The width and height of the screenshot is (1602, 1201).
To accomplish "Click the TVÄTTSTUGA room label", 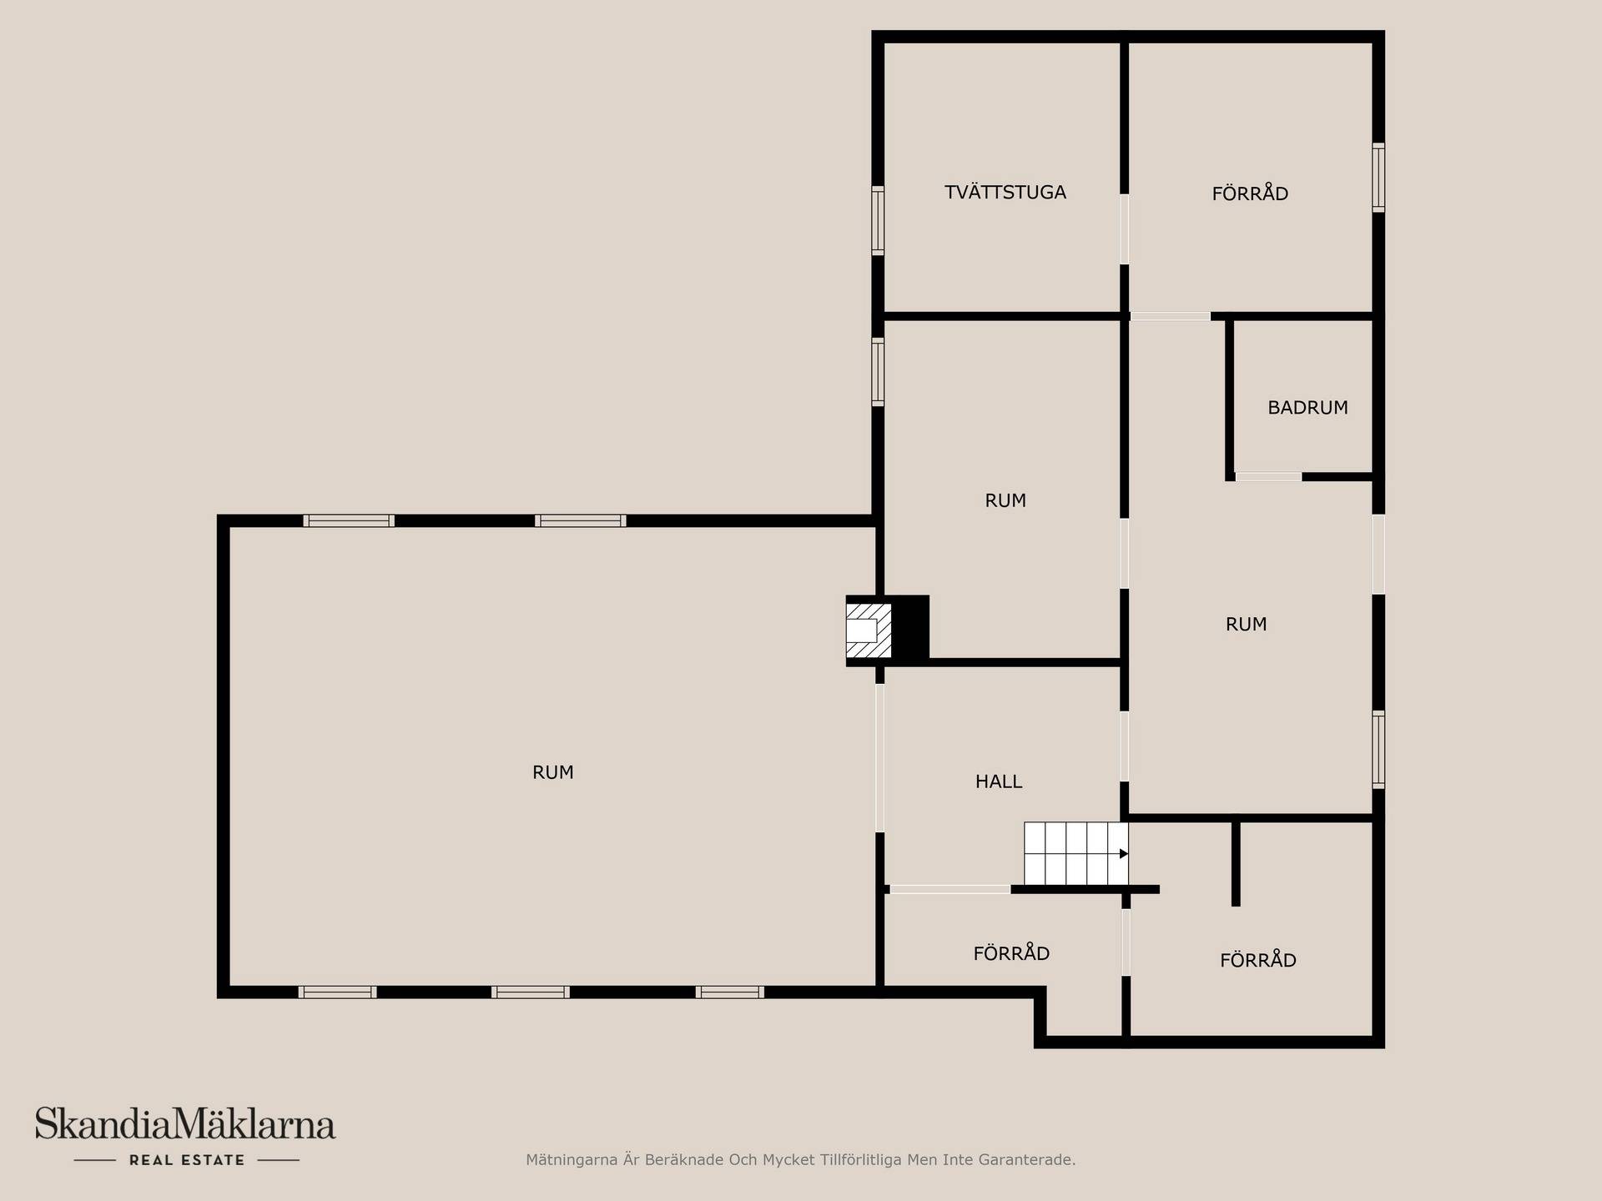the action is [1005, 193].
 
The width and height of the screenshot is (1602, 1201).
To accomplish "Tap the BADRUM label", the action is [1307, 408].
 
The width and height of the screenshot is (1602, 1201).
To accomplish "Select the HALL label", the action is [999, 781].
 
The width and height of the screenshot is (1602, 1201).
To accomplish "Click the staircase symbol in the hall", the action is [1076, 853].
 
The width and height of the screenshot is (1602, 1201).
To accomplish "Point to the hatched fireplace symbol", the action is [869, 631].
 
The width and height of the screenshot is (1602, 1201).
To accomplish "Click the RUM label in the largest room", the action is [552, 772].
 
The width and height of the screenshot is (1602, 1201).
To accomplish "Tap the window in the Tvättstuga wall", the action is [878, 220].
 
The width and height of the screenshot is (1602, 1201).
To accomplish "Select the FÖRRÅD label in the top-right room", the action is [1250, 193].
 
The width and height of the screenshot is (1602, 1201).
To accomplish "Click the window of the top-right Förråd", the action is [1378, 178].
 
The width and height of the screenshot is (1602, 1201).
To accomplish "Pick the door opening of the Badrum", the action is [1268, 477].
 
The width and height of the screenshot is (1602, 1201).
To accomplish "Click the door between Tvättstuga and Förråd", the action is [1125, 229].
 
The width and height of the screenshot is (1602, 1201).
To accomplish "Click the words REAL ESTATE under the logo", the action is [187, 1160].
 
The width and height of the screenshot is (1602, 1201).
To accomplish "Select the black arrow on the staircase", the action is [1124, 853].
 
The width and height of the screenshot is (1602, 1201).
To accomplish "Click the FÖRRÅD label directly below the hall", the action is [1011, 953].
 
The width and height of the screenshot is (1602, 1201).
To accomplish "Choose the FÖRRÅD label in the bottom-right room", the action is [1258, 960].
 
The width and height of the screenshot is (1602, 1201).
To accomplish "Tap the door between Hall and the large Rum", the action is [879, 758].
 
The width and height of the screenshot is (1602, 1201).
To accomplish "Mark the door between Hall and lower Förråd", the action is [950, 890].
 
